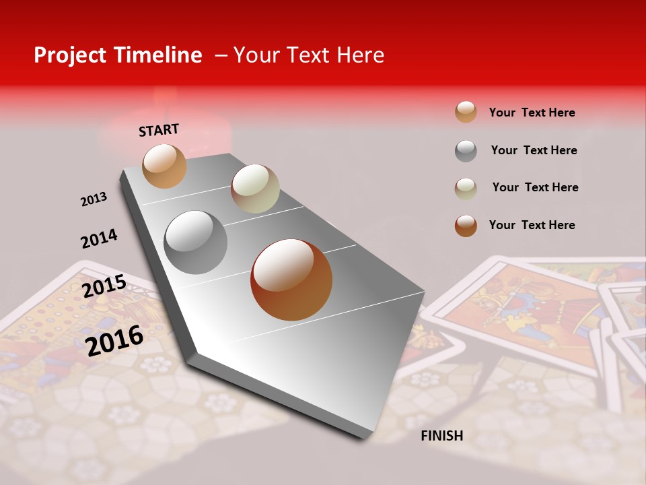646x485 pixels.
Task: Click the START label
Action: (159, 130)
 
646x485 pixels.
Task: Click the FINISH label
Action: (441, 436)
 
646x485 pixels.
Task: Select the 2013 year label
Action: (94, 199)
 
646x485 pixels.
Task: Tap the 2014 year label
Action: (99, 238)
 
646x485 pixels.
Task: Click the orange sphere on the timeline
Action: (164, 166)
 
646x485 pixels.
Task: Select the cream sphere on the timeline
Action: (255, 189)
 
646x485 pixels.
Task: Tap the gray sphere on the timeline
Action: (196, 242)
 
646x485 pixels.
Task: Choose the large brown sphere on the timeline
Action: (291, 280)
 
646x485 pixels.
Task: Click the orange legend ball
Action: (466, 112)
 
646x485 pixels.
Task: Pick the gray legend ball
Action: (466, 151)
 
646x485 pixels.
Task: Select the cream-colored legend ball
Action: (466, 188)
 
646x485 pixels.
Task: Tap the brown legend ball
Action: (466, 226)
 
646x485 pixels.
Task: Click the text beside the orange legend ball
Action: (532, 112)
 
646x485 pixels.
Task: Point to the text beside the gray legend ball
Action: (534, 150)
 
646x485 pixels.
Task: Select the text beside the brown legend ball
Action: (532, 225)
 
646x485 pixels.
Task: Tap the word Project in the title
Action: (69, 55)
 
